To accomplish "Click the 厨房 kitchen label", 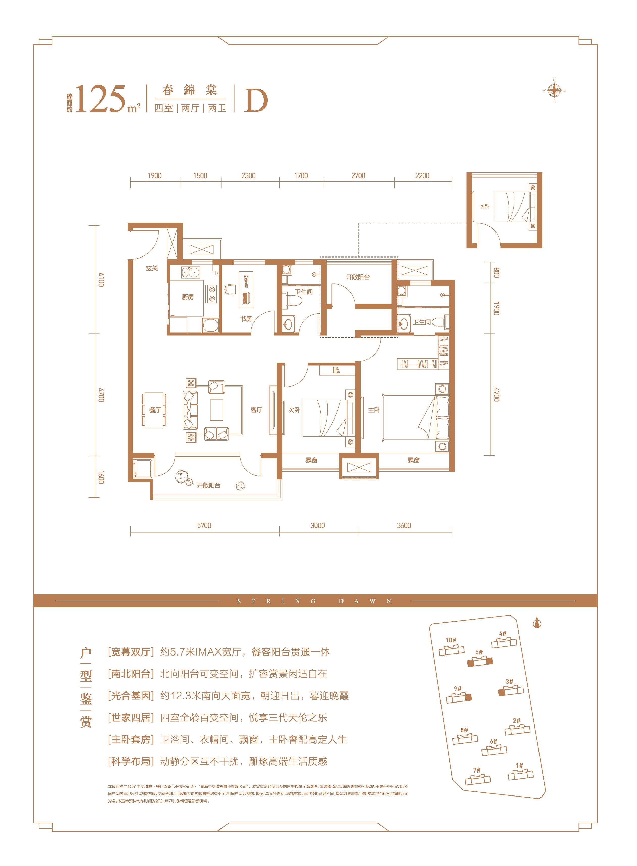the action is click(x=188, y=297).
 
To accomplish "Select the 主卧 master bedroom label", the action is click(x=374, y=410).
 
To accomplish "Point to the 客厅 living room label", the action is click(x=256, y=410).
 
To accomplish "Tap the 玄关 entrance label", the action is click(x=152, y=268).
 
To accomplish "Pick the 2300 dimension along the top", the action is click(x=248, y=176).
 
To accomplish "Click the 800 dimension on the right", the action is click(x=496, y=273).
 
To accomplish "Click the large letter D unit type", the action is click(x=256, y=101).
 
